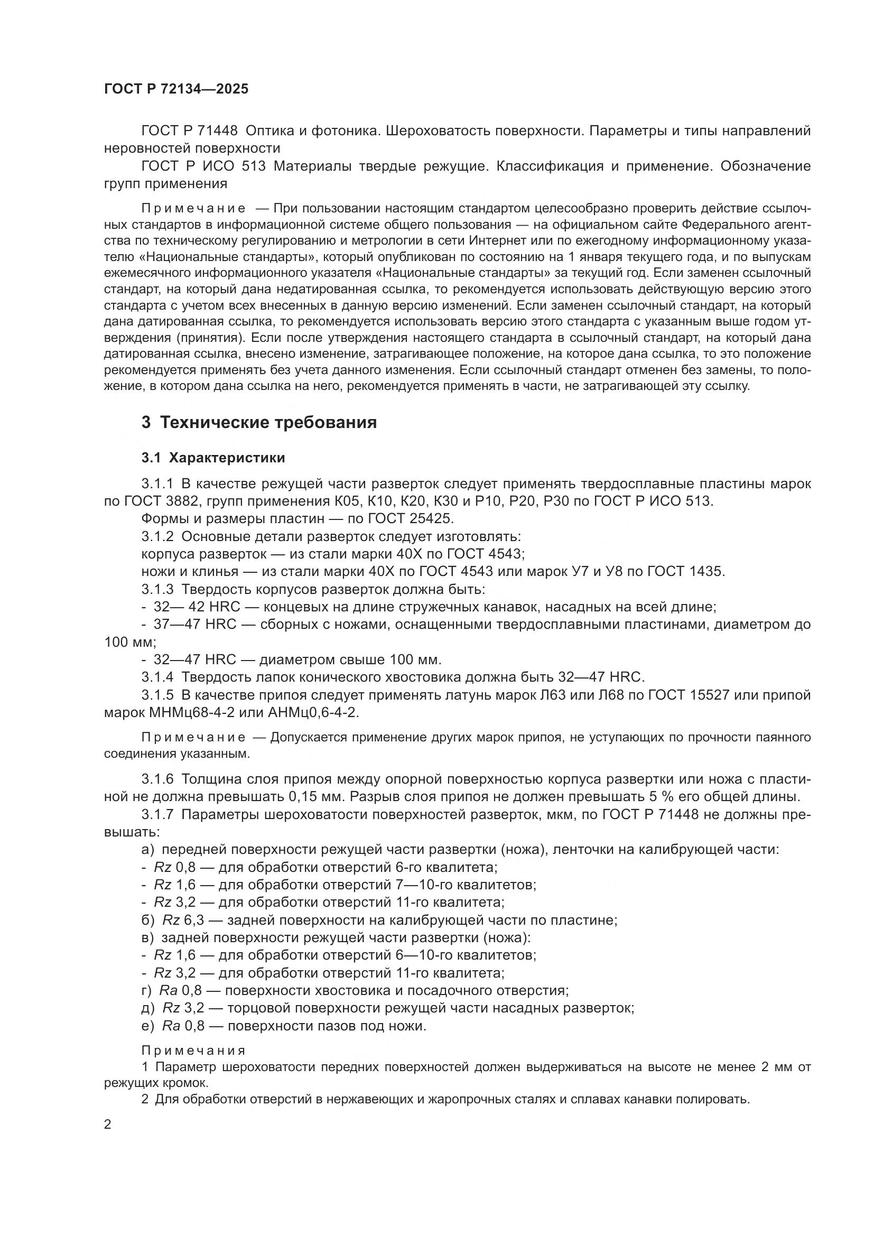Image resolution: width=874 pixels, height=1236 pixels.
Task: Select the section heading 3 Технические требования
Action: pyautogui.click(x=259, y=423)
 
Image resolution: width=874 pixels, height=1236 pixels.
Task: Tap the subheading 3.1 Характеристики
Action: pyautogui.click(x=213, y=458)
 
